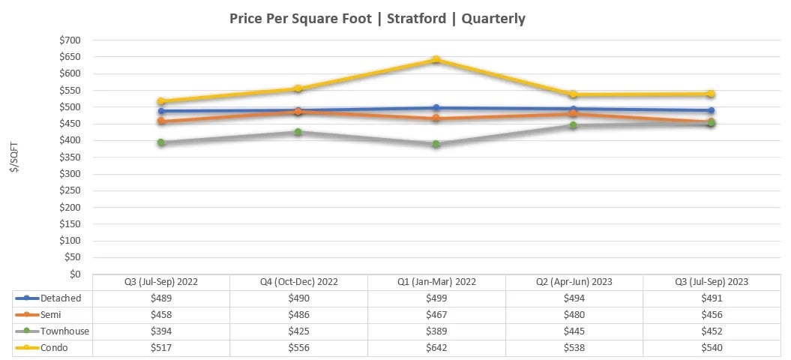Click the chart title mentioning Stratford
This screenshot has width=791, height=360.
coord(377,19)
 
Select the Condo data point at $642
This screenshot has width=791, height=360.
coord(436,60)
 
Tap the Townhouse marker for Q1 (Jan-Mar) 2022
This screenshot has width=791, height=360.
coord(436,144)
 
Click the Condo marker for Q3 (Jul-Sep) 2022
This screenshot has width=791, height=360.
coord(161,101)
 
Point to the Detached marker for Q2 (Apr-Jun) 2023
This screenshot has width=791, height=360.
coord(574,109)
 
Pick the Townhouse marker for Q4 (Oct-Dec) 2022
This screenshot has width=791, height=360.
coord(298,132)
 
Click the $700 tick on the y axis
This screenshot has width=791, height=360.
coord(73,40)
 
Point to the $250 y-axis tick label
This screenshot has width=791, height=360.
coord(73,190)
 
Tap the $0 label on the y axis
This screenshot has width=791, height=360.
coord(78,274)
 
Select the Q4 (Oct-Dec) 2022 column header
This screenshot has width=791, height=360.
coord(298,282)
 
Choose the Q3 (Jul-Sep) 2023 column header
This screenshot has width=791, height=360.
coord(711,282)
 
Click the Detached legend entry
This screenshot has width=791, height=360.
coord(59,298)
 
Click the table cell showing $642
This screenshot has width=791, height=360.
coord(436,348)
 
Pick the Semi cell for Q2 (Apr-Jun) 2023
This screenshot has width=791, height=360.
coord(574,315)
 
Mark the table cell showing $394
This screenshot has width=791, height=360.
coord(161,331)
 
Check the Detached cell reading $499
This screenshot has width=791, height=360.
coord(436,298)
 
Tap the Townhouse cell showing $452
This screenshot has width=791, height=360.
coord(711,331)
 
